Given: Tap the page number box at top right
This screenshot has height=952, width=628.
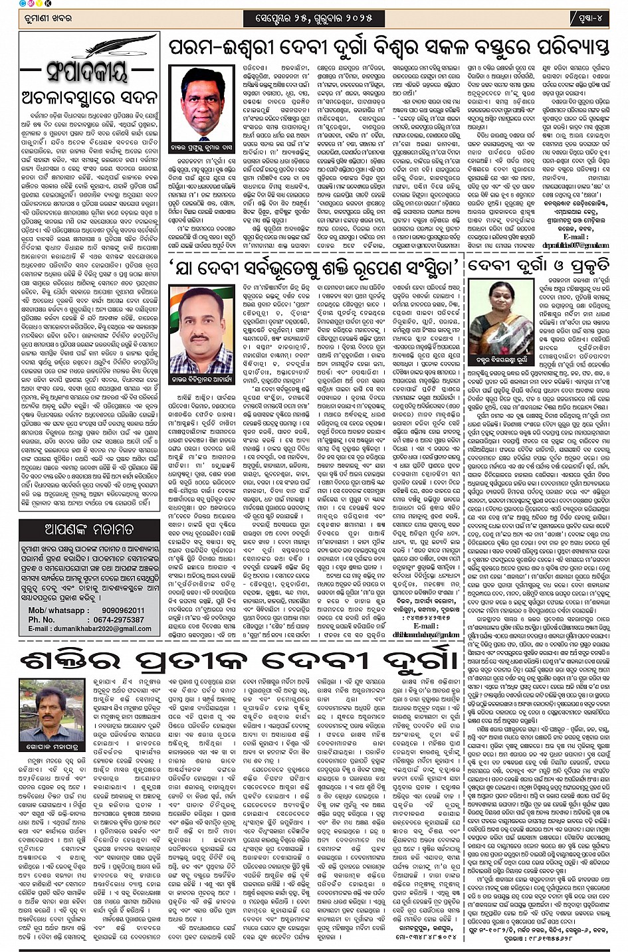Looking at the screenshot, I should tap(589, 17).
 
